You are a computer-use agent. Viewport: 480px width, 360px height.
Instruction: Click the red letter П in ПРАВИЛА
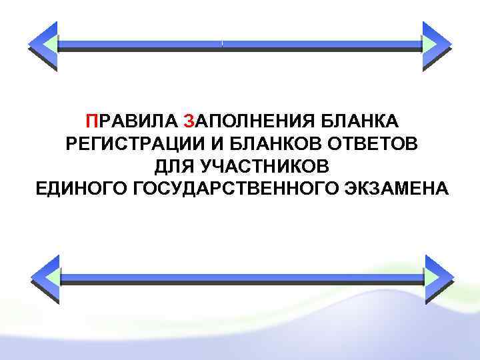(90, 121)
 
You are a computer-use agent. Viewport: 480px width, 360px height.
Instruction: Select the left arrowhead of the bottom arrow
(45, 279)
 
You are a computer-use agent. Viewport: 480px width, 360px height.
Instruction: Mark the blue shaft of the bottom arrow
(240, 277)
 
